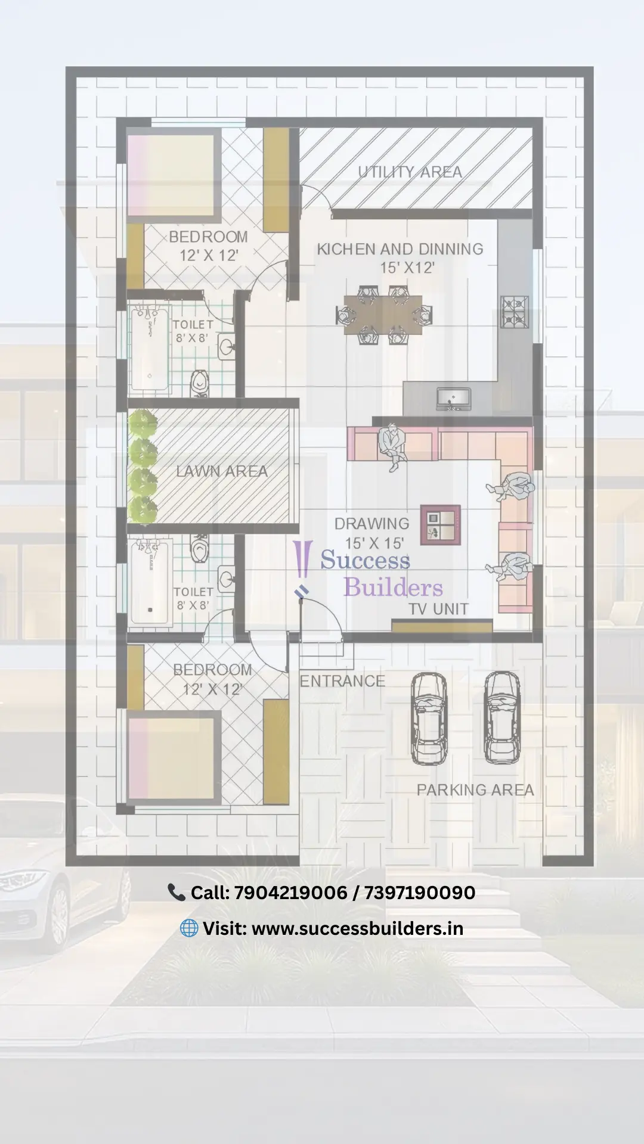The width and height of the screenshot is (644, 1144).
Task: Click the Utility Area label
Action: point(410,172)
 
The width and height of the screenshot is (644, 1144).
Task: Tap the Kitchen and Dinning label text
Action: point(400,249)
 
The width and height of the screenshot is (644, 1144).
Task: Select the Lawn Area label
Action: point(222,471)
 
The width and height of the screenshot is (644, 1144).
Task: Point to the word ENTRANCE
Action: point(342,681)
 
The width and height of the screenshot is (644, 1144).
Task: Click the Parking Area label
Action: point(475,790)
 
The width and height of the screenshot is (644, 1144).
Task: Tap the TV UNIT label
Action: point(438,609)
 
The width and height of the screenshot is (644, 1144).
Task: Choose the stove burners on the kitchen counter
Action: point(514,312)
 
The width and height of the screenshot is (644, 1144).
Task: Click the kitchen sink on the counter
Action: point(453,397)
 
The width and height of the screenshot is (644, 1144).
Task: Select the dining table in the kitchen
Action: point(383,315)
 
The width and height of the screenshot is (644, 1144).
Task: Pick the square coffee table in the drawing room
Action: point(441,525)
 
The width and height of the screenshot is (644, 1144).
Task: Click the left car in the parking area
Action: point(429,718)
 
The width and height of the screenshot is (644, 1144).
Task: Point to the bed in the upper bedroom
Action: point(172,175)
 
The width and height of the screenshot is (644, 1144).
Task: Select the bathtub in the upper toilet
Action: point(150,348)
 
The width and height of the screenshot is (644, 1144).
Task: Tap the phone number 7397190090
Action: point(419,893)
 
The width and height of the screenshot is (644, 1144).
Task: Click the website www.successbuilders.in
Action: point(357,928)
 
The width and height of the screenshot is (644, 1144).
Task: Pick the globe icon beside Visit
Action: point(189,928)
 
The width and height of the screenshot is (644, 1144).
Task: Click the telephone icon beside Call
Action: point(177,892)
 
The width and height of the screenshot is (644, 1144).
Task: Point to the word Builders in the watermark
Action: point(394,587)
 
